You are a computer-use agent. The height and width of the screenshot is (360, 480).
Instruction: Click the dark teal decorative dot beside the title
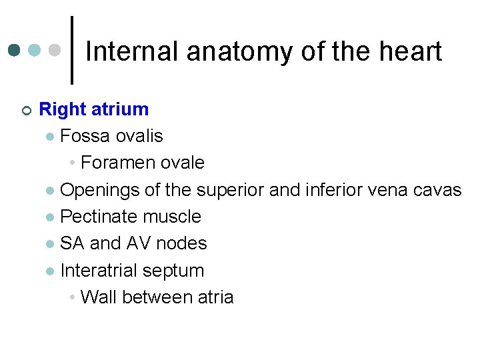click(15, 50)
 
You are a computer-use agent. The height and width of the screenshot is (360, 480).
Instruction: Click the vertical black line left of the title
click(72, 50)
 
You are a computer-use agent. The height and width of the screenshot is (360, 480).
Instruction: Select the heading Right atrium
click(94, 109)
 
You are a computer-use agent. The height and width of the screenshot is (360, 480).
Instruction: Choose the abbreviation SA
click(72, 243)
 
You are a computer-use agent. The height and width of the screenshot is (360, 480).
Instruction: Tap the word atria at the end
click(215, 297)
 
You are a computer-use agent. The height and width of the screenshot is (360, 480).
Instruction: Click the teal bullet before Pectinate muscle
click(50, 217)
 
